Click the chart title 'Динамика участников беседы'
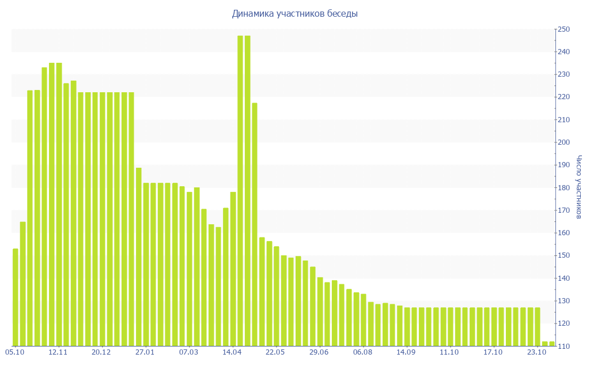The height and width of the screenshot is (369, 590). coord(294,14)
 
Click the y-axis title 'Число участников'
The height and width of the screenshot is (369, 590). coord(579,187)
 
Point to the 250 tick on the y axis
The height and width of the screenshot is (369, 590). coord(563,29)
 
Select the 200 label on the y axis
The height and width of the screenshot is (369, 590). coord(563,142)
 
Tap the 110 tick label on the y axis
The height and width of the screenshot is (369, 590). coord(563,346)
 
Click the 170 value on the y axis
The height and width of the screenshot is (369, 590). coord(563,210)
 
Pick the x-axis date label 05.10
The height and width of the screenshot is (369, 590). coord(15,352)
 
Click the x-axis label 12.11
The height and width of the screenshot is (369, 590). coord(58,352)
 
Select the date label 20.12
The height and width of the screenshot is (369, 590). coord(101,352)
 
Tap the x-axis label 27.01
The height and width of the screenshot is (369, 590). coord(145,352)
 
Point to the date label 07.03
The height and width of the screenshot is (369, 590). coord(188,352)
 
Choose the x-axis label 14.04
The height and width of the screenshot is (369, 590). coord(232,352)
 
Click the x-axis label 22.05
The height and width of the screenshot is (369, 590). coord(275,352)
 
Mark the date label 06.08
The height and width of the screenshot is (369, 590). coord(362,352)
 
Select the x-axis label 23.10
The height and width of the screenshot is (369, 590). coord(536,352)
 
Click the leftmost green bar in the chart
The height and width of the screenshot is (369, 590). coord(16,297)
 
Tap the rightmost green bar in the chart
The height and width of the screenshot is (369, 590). coord(551,344)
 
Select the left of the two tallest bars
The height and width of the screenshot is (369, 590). coord(240,190)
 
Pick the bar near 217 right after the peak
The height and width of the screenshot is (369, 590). coord(255,224)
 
